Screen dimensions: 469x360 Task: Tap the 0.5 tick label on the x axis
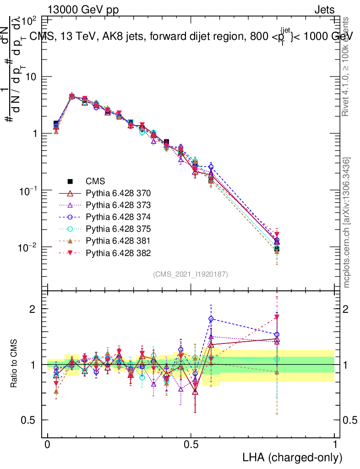click(x=191, y=445)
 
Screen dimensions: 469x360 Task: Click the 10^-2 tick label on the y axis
click(x=27, y=248)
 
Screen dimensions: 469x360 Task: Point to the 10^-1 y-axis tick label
click(x=27, y=191)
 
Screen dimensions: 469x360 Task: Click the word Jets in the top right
click(x=324, y=10)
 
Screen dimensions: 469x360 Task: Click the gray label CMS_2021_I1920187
click(x=191, y=274)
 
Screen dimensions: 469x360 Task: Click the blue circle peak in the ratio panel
click(x=211, y=319)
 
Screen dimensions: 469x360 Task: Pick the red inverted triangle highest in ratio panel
click(x=277, y=317)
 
